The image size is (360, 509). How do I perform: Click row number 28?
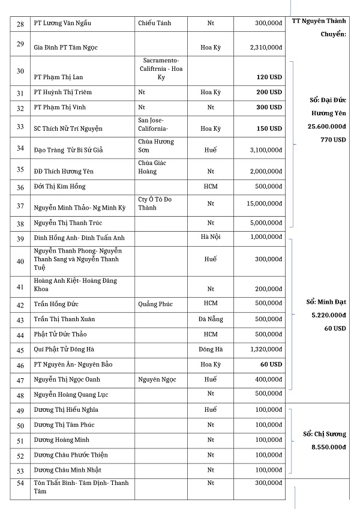[20, 23]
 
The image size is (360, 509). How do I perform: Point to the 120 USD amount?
[269, 77]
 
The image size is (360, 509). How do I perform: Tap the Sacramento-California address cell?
[161, 69]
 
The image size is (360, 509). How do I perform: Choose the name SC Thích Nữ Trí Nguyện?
[68, 128]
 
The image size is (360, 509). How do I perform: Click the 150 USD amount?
[269, 128]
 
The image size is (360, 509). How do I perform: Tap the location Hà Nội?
[211, 237]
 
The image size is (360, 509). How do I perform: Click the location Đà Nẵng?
[211, 319]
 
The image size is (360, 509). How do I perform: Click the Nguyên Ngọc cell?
[157, 379]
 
